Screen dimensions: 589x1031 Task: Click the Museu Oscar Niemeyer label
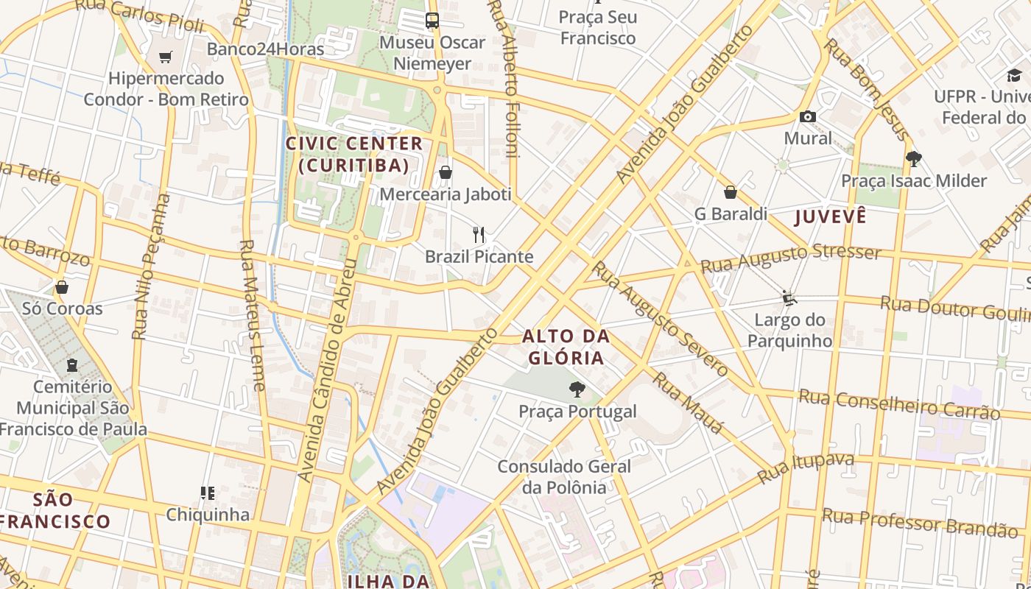click(432, 53)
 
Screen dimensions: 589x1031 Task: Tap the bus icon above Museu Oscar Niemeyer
click(432, 21)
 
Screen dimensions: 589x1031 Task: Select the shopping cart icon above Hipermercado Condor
click(166, 57)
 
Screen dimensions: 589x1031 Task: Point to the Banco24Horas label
click(265, 49)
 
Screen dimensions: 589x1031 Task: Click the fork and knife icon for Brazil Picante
click(479, 235)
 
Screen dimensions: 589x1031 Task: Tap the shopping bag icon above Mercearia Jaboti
click(446, 173)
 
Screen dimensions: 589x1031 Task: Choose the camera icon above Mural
click(808, 116)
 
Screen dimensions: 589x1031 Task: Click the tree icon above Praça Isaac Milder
click(914, 158)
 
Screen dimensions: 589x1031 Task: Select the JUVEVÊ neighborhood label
click(830, 216)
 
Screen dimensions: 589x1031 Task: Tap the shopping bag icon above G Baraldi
click(731, 192)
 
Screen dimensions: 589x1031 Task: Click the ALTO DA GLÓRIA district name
click(566, 348)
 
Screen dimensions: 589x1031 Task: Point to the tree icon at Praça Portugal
click(577, 389)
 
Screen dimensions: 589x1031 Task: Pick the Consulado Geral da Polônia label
click(564, 476)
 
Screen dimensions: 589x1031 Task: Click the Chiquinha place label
click(208, 514)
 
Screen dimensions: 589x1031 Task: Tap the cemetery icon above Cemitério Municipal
click(72, 365)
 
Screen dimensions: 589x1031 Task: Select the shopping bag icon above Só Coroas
click(62, 286)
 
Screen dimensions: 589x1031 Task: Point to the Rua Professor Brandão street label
click(920, 522)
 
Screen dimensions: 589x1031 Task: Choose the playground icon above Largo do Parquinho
click(789, 297)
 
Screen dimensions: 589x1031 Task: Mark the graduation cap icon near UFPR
click(1014, 75)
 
